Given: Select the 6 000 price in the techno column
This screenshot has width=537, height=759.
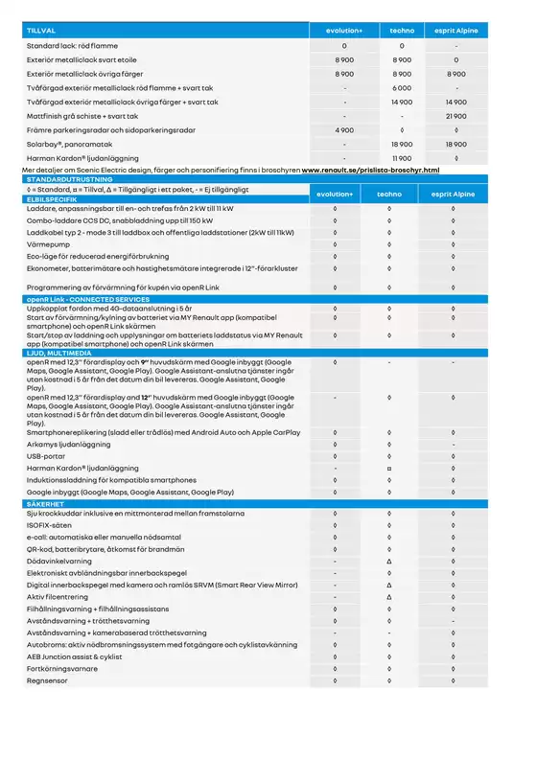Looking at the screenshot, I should click(x=401, y=87).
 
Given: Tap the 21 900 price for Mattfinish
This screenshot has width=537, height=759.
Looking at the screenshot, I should click(x=455, y=115).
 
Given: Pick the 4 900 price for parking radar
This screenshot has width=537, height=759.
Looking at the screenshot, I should click(x=344, y=129).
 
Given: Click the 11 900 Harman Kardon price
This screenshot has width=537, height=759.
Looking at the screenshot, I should click(x=401, y=157).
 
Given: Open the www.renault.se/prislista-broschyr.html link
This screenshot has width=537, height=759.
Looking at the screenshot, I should click(x=370, y=170).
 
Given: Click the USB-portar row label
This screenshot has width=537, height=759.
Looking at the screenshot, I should click(x=47, y=457).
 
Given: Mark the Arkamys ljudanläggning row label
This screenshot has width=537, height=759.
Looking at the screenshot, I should click(x=68, y=445).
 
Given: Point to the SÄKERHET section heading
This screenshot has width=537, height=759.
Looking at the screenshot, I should click(x=46, y=501).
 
